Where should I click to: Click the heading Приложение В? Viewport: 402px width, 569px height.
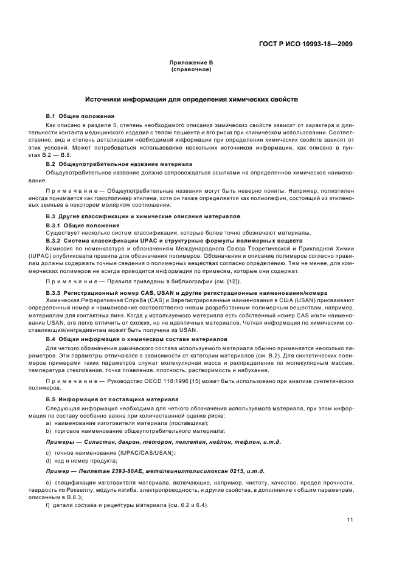coord(191,63)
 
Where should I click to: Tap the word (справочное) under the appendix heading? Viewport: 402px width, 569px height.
coord(191,69)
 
